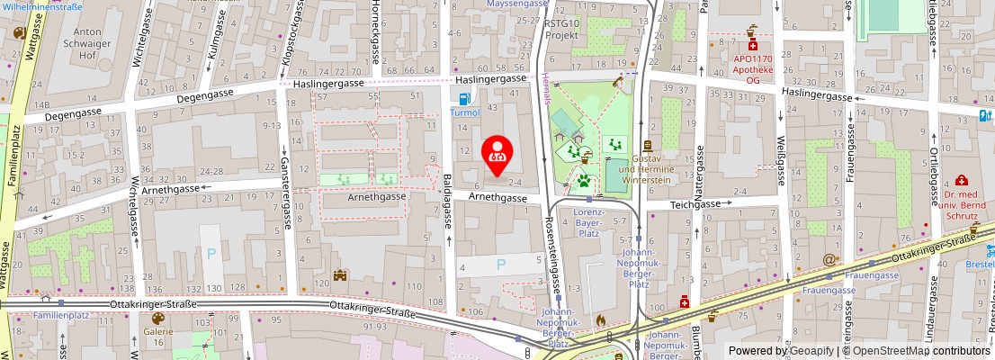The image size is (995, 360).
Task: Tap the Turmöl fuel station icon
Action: pyautogui.click(x=464, y=99)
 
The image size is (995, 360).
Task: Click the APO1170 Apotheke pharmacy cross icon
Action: pyautogui.click(x=752, y=43)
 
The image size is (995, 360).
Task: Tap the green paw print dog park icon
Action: pyautogui.click(x=584, y=180)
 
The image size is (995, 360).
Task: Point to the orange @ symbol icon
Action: pyautogui.click(x=829, y=259)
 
